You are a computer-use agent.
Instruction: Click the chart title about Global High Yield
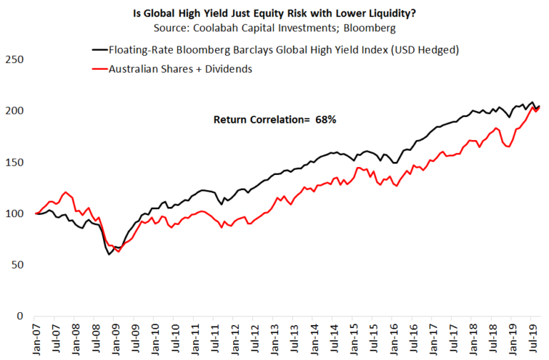274,14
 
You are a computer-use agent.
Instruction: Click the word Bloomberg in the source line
370,28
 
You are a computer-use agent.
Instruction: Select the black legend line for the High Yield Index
100,50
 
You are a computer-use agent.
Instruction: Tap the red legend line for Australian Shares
100,69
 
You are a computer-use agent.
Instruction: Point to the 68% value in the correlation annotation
326,120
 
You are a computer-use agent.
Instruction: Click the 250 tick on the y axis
14,59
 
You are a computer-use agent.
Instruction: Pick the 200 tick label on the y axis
14,111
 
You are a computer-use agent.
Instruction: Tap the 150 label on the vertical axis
14,162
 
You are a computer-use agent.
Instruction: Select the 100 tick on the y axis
14,214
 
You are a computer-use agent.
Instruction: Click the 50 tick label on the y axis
17,265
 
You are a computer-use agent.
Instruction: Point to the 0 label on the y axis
20,316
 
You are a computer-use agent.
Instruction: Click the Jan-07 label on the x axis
36,339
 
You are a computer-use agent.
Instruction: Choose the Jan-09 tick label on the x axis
116,339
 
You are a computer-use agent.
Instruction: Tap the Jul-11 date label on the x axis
215,339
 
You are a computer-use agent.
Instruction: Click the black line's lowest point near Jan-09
109,254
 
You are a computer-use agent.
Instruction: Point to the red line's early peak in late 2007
66,191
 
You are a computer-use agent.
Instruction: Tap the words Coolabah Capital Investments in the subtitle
264,28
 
